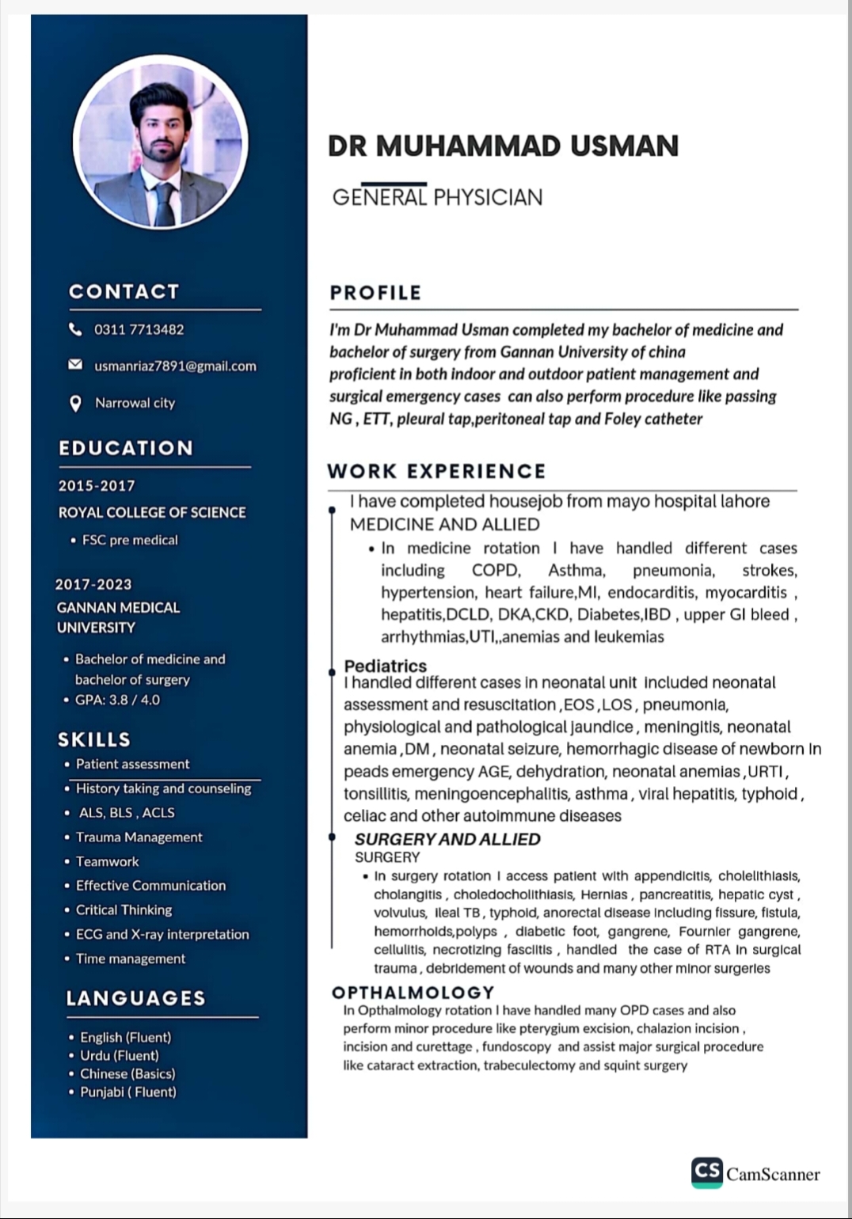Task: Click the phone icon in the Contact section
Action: pos(75,328)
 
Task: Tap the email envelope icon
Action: pos(75,365)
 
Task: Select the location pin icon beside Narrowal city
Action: pos(75,403)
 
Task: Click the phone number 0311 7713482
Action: pos(139,329)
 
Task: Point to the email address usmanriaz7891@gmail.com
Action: pos(175,366)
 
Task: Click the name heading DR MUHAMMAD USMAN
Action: pos(504,146)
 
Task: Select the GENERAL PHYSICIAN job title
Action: pos(437,197)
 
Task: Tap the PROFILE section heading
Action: pos(375,292)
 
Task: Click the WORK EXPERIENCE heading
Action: pos(436,471)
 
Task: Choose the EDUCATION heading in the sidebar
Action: pos(126,448)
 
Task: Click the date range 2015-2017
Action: pos(97,485)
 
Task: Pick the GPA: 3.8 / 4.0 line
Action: pos(117,700)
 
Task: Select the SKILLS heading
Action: pos(94,739)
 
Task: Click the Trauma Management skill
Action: pos(139,837)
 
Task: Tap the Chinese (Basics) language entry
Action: pos(127,1073)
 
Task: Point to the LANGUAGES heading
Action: pos(135,998)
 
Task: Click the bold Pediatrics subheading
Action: pos(385,666)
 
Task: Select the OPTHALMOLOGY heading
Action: pos(413,992)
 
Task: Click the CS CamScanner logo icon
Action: pos(707,1172)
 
